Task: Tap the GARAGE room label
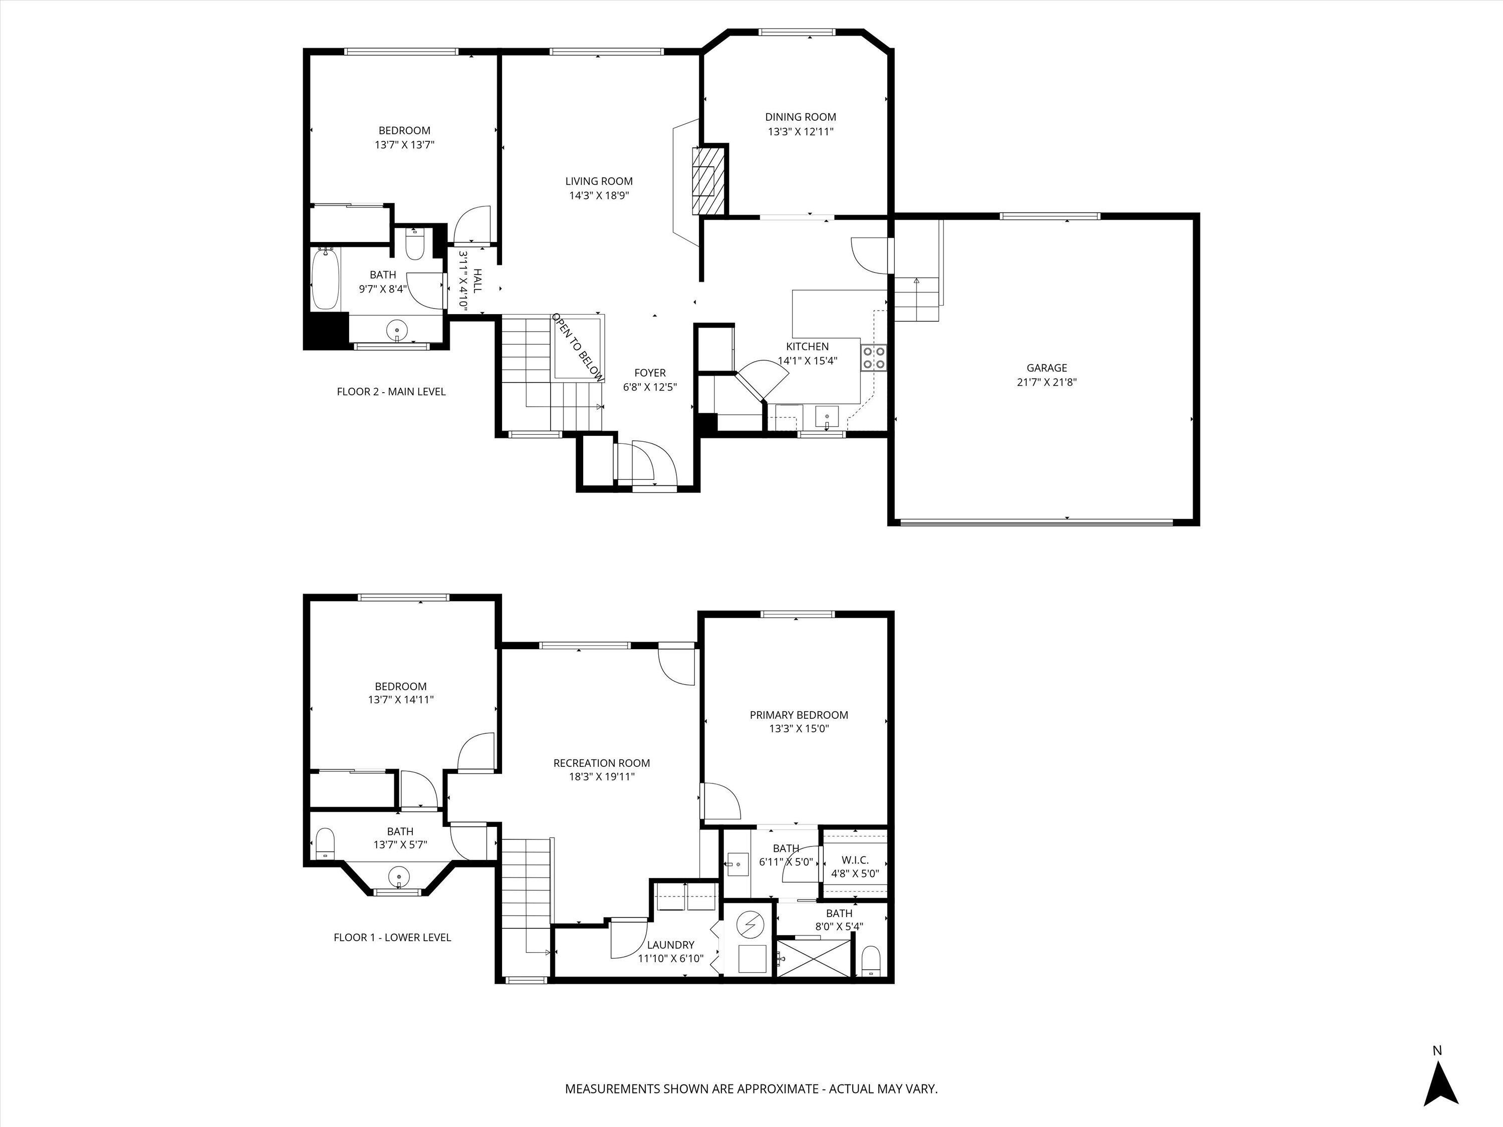tap(1047, 368)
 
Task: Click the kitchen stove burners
tap(874, 357)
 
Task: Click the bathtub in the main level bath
tap(326, 280)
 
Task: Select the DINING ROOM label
tap(801, 117)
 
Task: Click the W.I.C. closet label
tap(855, 860)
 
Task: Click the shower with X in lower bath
tap(813, 959)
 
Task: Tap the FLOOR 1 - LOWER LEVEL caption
tap(392, 938)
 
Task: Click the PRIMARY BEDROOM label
tap(799, 715)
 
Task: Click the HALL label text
tap(477, 280)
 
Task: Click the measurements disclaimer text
tap(751, 1088)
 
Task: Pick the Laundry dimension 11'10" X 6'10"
tap(670, 959)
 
